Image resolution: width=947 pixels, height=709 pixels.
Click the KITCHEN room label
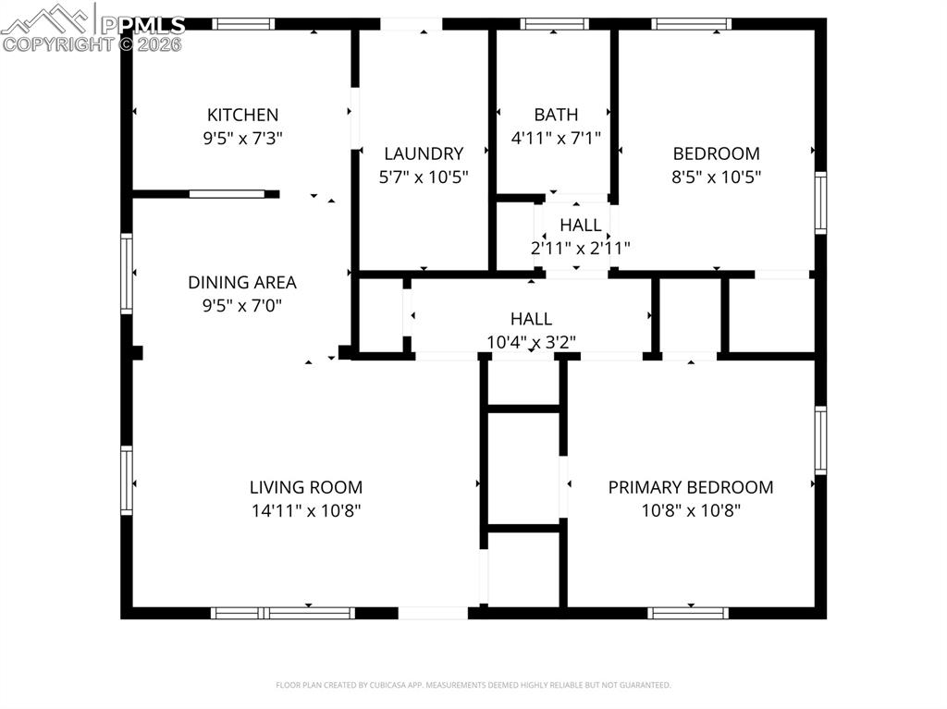[241, 115]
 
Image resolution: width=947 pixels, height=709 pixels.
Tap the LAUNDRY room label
[424, 153]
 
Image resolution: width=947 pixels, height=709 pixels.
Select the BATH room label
[556, 115]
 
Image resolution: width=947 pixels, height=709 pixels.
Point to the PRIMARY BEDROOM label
[690, 487]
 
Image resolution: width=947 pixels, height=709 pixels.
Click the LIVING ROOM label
[305, 487]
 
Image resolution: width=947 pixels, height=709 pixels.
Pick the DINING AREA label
[242, 283]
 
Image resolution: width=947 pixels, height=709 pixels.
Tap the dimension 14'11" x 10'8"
[305, 510]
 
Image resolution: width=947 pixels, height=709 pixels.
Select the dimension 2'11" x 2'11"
[580, 248]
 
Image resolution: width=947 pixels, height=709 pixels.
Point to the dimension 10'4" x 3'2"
[531, 342]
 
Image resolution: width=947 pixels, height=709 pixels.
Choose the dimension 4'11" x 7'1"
[556, 139]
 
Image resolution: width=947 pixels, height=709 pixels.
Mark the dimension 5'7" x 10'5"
[424, 177]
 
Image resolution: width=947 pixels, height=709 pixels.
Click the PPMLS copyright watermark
[92, 28]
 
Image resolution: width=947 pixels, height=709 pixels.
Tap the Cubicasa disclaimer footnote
[473, 685]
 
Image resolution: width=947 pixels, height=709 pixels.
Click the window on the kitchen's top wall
[243, 24]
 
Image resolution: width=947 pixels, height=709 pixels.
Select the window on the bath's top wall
[554, 24]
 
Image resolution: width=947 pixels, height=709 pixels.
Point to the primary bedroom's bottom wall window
[687, 613]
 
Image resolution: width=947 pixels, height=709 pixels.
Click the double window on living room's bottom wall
[282, 613]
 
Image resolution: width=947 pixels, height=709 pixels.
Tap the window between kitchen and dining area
[227, 194]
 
